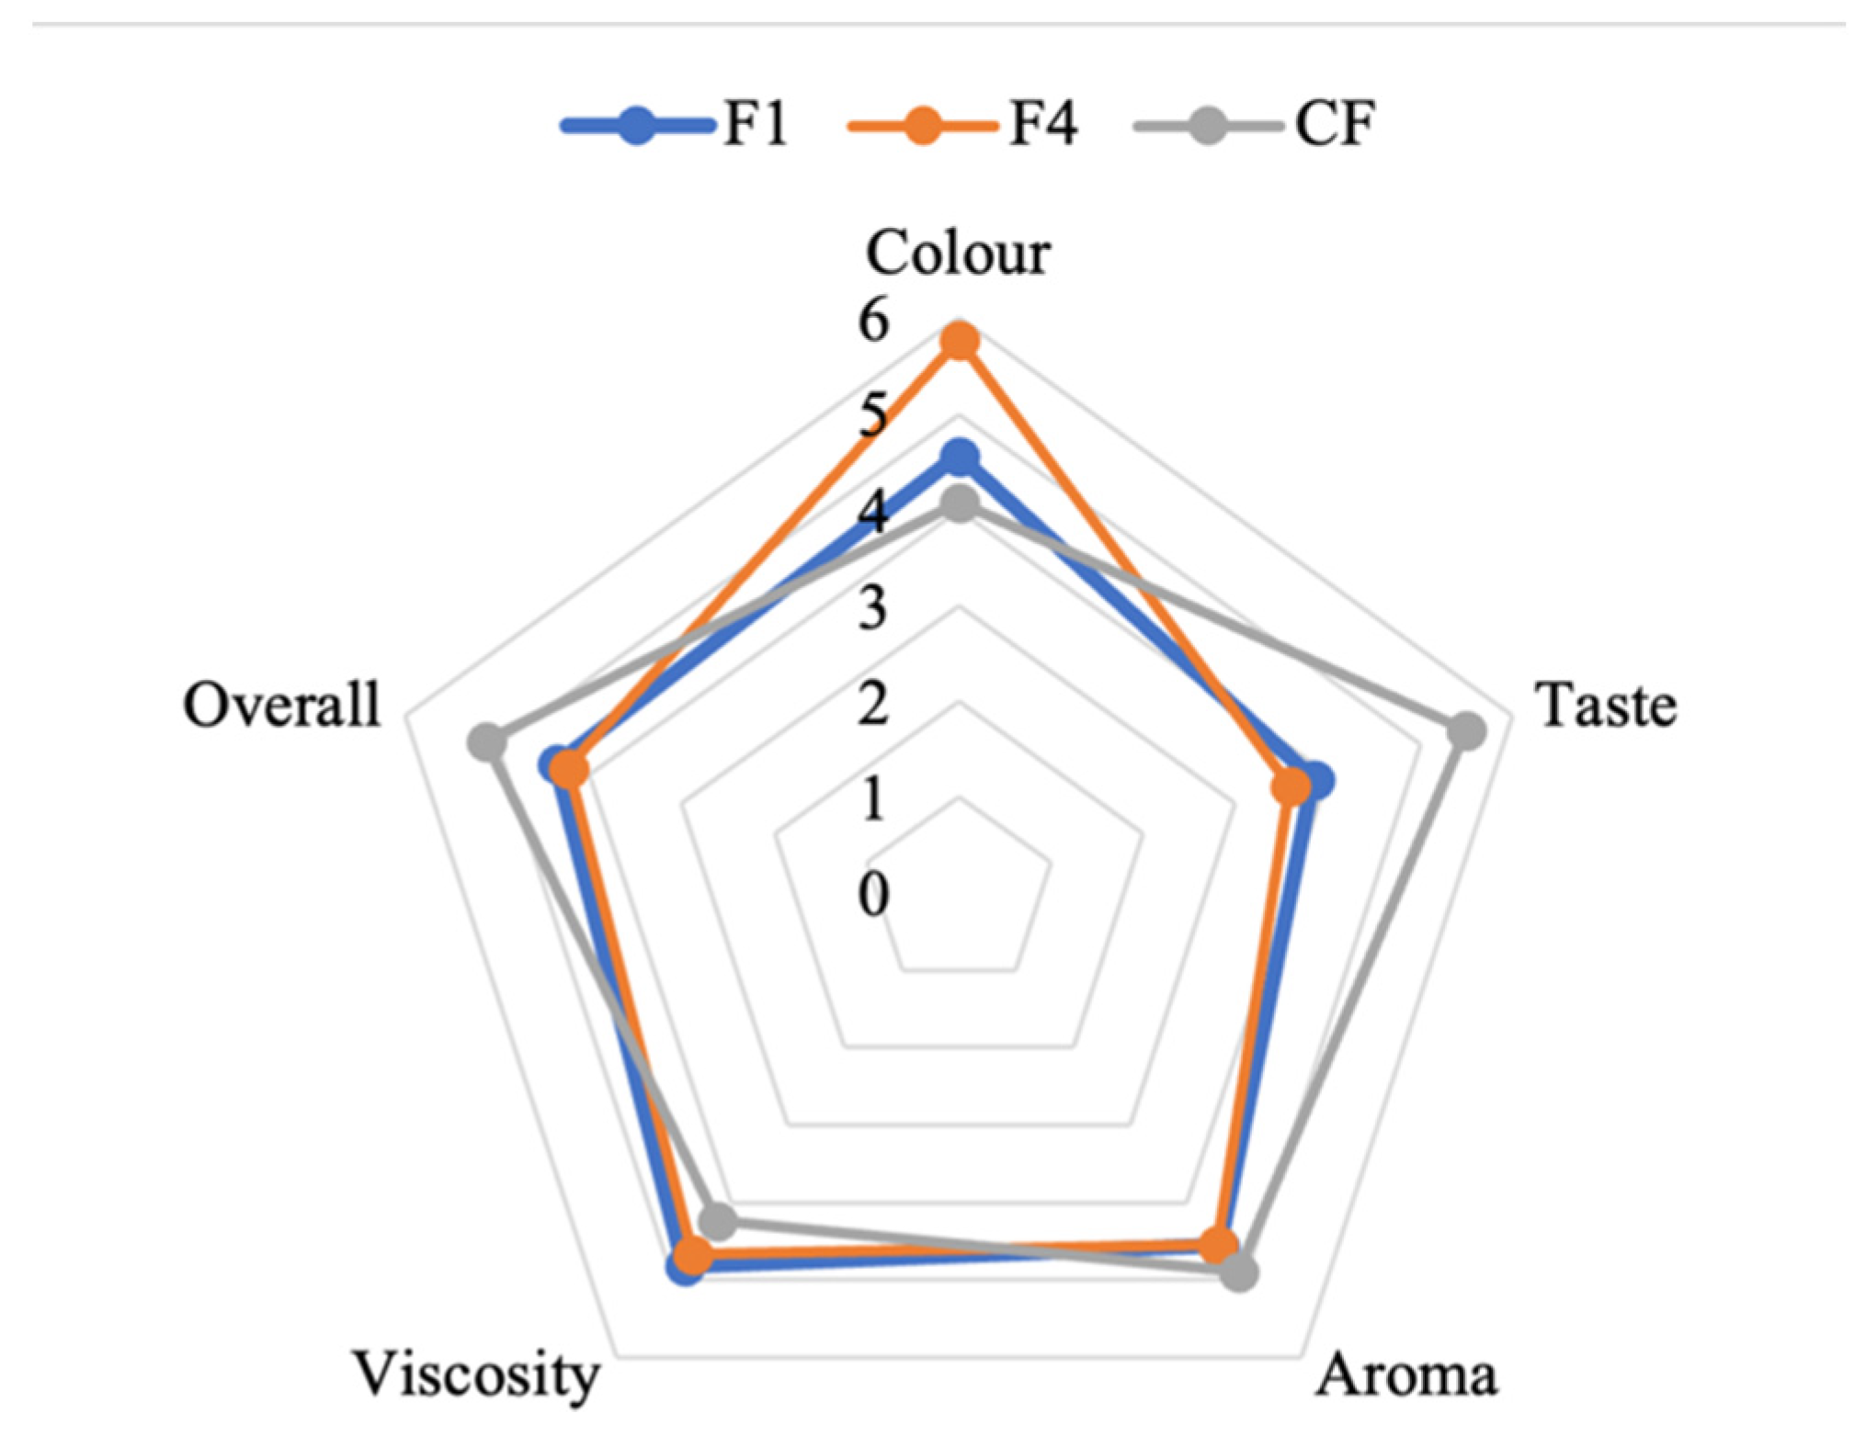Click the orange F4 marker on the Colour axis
[x=961, y=342]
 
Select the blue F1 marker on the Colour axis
[x=961, y=457]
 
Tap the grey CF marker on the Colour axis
[x=961, y=505]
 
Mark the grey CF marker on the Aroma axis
[x=1239, y=1274]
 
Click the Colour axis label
[x=958, y=252]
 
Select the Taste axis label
[x=1608, y=706]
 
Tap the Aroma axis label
[x=1406, y=1375]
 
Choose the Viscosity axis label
[x=477, y=1375]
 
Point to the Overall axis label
[x=281, y=706]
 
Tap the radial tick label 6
[x=874, y=321]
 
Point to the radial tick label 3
[x=874, y=607]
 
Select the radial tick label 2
[x=874, y=705]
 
